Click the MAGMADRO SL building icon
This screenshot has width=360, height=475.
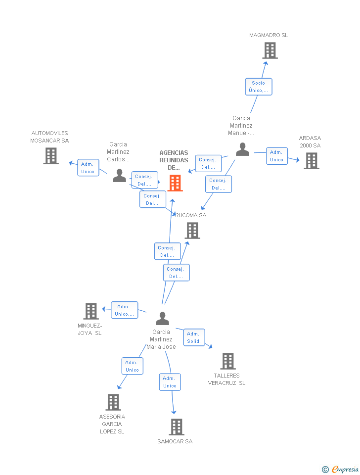(x=270, y=50)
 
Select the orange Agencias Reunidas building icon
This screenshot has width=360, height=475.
(x=175, y=183)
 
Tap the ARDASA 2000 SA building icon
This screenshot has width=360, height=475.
(x=311, y=161)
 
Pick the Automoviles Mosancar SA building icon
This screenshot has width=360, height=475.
(x=51, y=156)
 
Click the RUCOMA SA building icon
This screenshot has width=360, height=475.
(x=192, y=231)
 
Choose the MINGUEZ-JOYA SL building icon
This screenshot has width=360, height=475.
(x=91, y=311)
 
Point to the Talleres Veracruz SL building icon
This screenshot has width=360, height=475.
(x=227, y=361)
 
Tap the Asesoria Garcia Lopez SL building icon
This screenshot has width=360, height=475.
(x=113, y=402)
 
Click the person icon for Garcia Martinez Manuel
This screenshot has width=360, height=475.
(x=242, y=149)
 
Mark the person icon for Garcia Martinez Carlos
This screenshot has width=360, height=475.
(x=119, y=176)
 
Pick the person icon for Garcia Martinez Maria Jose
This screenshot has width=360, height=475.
(x=162, y=319)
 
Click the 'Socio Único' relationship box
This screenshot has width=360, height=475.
(x=259, y=87)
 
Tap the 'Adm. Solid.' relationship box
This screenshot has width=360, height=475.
(x=194, y=337)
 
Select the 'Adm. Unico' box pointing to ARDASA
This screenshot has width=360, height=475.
(x=276, y=156)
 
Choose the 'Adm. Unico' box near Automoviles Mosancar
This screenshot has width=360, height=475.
(x=88, y=168)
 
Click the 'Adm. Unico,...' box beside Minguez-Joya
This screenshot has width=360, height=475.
(x=124, y=310)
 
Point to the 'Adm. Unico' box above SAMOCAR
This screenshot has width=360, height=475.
(x=170, y=382)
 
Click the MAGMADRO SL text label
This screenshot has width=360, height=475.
(x=269, y=35)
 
